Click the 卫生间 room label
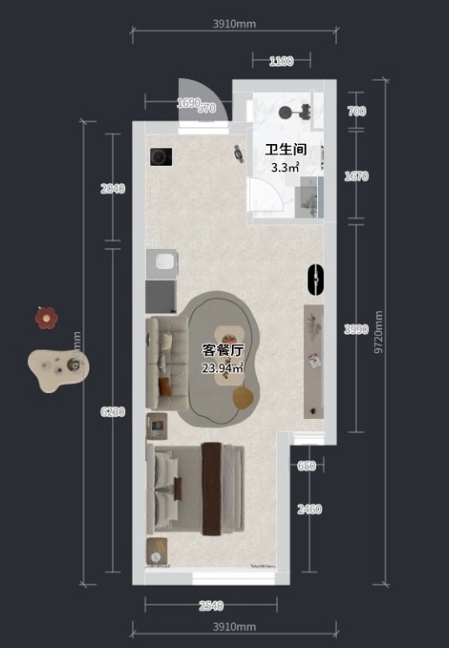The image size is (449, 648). pos(286,149)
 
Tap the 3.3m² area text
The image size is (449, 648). pos(285,167)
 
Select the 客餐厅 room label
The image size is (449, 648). pos(222,350)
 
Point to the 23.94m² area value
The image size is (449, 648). pos(222,369)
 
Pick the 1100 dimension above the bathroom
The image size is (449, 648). pos(281,61)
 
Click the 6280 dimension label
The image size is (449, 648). pos(113,412)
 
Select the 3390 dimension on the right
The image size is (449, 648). pos(356,330)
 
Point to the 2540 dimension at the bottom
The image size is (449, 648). pos(211,605)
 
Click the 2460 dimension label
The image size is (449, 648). pos(308,509)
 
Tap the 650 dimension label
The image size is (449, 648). pos(307,466)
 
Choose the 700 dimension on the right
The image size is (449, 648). pos(356,111)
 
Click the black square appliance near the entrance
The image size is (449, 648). pos(161,157)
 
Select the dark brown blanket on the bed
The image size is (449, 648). pos(212,488)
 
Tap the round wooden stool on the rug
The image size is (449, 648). pos(243,396)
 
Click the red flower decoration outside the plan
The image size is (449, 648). pos(45,318)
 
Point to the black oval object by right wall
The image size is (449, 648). pos(315,279)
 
